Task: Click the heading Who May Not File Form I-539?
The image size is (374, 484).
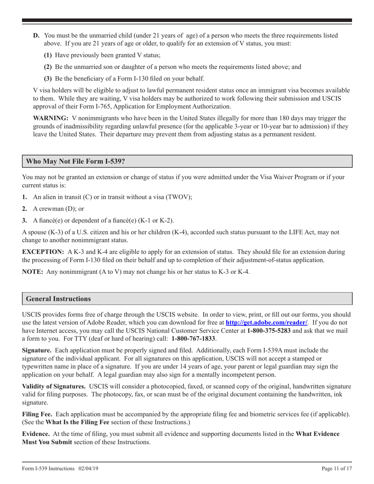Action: tap(76, 161)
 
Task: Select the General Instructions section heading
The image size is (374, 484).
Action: tap(58, 299)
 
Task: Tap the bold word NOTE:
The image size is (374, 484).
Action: tap(33, 272)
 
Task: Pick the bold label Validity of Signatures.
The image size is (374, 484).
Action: tap(54, 387)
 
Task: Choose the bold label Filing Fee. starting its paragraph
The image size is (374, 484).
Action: tap(39, 414)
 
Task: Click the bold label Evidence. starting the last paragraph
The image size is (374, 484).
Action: tap(36, 434)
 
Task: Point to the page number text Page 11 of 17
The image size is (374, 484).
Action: tap(337, 468)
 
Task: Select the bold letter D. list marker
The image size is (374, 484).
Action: tap(36, 35)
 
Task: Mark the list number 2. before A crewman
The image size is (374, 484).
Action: tap(25, 209)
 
